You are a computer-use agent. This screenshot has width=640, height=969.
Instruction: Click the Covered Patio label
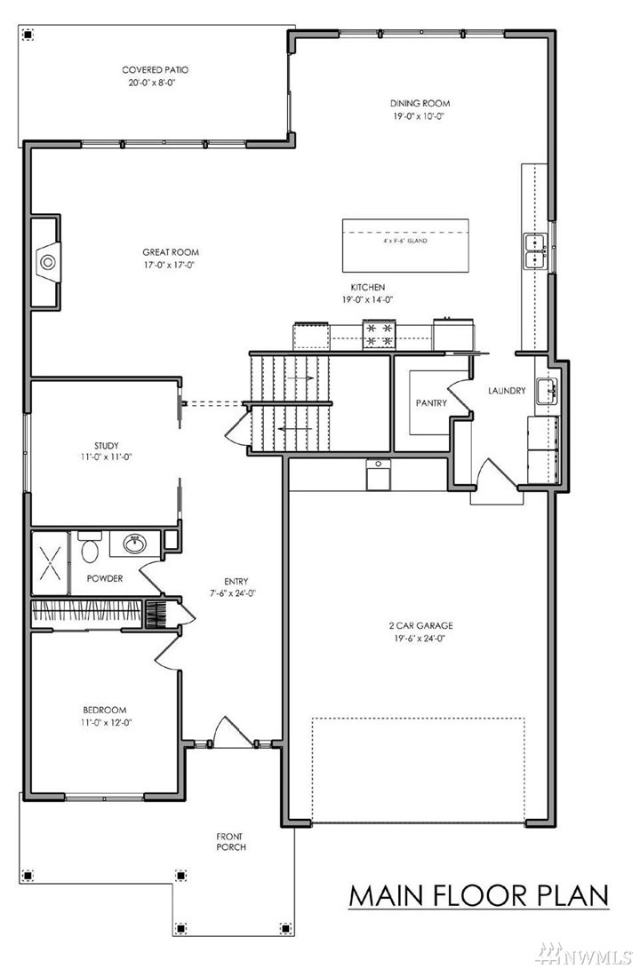[155, 69]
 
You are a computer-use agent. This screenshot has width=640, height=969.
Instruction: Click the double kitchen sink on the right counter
[534, 250]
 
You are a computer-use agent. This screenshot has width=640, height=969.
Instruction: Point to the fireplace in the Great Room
[47, 262]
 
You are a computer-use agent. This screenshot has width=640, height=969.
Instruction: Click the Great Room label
[169, 252]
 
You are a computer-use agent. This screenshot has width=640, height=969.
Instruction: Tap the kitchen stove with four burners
[380, 333]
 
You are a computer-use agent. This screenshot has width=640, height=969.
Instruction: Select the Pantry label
[430, 403]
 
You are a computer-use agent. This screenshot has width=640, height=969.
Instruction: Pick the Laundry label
[507, 391]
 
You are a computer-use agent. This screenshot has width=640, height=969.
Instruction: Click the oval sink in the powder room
[136, 544]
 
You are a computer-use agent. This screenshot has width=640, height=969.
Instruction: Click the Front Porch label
[230, 841]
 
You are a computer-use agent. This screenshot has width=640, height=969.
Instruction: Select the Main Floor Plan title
[478, 895]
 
